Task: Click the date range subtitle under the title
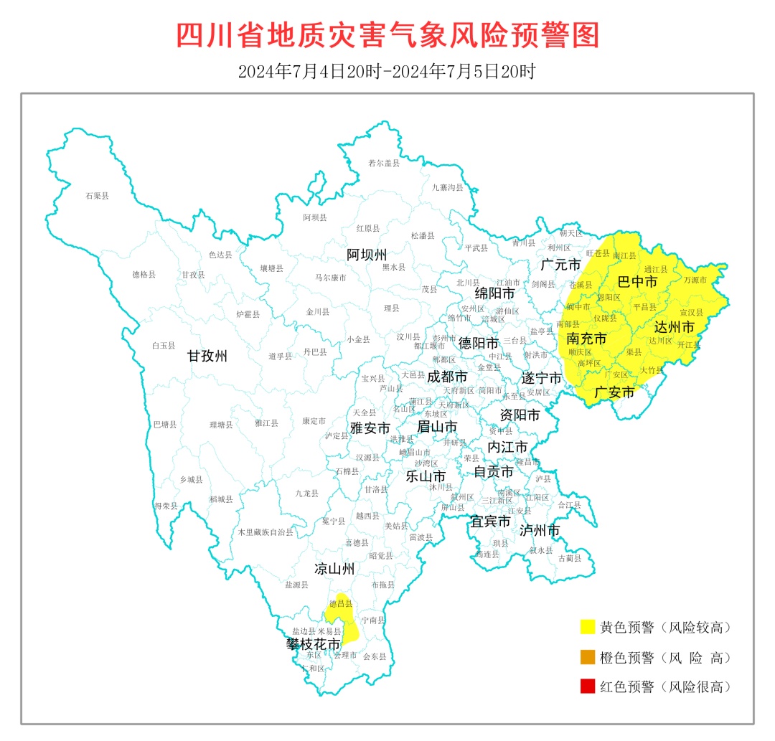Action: point(387,72)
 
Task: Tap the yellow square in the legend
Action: point(588,627)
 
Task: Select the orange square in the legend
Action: point(588,657)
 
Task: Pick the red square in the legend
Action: point(588,686)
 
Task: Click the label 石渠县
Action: point(97,195)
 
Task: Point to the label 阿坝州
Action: point(367,255)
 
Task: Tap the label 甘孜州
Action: point(207,356)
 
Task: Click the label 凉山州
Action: point(334,570)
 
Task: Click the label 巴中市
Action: point(637,282)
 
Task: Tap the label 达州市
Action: point(675,327)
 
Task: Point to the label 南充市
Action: point(586,338)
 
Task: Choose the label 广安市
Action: point(616,392)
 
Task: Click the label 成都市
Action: point(447,376)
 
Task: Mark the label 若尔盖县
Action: point(383,164)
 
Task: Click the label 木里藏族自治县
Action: point(266,532)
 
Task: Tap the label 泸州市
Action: point(539,530)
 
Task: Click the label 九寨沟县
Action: point(447,187)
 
